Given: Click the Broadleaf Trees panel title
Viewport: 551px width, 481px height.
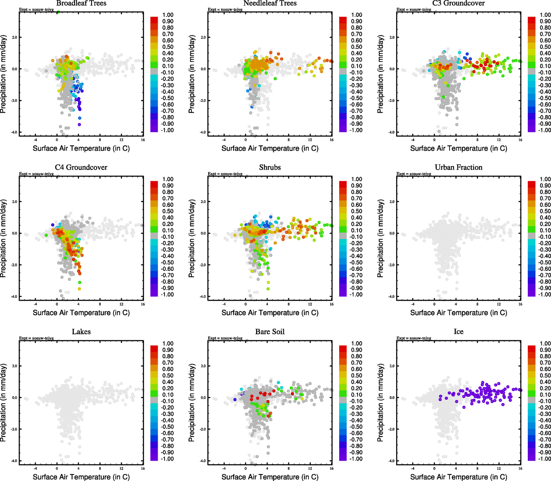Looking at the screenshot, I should pos(81,3).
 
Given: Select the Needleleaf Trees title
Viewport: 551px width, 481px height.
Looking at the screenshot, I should pos(270,3).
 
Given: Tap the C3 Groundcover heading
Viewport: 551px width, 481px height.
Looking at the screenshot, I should pos(458,3).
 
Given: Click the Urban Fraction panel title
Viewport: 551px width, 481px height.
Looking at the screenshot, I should pos(458,168).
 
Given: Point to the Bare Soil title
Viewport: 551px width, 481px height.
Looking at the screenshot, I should pos(270,332).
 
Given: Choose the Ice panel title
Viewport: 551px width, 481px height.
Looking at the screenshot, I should pos(458,332).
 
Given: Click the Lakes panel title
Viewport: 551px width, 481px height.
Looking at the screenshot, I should pos(81,332).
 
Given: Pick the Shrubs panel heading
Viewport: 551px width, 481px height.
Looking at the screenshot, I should pos(270,168).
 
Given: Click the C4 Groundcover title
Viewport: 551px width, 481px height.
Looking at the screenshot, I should pos(81,168).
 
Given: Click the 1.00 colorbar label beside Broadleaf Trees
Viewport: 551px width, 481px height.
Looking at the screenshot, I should pos(168,15).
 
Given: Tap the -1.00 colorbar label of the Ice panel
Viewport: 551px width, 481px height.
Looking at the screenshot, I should pos(544,459).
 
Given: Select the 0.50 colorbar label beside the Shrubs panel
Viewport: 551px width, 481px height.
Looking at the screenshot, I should pos(356,211).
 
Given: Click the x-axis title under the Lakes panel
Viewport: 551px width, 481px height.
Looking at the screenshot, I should pos(81,477).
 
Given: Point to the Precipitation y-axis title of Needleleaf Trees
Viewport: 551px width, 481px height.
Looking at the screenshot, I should pos(191,74).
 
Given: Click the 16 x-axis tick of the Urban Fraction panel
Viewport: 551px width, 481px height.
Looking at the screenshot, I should pos(520,304).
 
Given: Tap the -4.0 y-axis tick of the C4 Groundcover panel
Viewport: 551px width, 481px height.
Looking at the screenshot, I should pos(14,297).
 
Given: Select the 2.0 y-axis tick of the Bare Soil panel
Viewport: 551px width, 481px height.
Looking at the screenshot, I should pos(203,366).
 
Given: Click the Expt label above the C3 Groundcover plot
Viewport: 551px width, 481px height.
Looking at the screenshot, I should pos(414,9).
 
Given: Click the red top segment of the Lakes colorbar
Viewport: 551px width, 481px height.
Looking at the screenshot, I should pos(154,348).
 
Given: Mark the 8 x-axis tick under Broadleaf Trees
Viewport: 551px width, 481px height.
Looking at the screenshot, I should pos(100,140).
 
